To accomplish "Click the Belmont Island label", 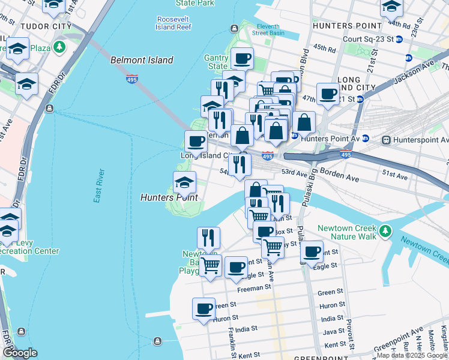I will pyautogui.click(x=142, y=60).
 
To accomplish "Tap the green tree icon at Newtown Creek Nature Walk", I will pyautogui.click(x=385, y=230).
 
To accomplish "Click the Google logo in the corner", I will pyautogui.click(x=20, y=353).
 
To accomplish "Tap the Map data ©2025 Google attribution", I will pyautogui.click(x=412, y=355).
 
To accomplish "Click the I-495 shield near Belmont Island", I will pyautogui.click(x=132, y=79).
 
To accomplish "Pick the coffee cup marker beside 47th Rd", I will pyautogui.click(x=328, y=94).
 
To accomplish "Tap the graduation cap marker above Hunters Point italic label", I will pyautogui.click(x=184, y=182).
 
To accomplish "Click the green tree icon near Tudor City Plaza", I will pyautogui.click(x=59, y=47).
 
